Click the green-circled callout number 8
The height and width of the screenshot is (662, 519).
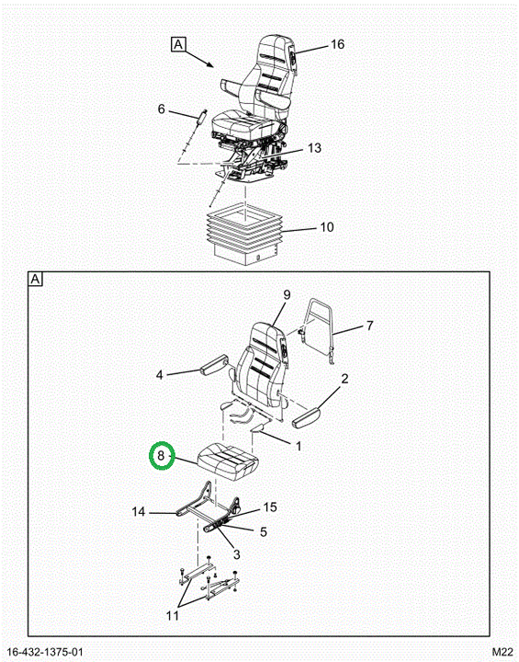click(x=161, y=455)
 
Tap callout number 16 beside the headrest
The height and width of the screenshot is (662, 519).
click(x=337, y=44)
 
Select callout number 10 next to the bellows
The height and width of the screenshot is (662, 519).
click(x=327, y=227)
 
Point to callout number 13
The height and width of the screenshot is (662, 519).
click(x=314, y=148)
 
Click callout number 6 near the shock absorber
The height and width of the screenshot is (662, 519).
click(x=161, y=108)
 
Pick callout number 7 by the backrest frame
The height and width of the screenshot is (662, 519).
click(x=369, y=325)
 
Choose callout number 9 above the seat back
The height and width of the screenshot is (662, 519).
click(x=287, y=295)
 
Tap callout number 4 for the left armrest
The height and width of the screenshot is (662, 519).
click(x=160, y=374)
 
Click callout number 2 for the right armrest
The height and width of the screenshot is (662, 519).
click(x=344, y=379)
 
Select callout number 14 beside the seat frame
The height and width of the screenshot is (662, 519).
click(x=139, y=512)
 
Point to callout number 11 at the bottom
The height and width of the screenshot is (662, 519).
click(x=173, y=616)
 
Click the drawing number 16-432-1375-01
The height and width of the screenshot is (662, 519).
click(x=45, y=652)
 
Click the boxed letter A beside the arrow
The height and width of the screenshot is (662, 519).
click(x=178, y=44)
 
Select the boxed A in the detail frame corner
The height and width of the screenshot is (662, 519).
click(x=36, y=280)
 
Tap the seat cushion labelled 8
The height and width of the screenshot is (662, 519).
click(x=228, y=461)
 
